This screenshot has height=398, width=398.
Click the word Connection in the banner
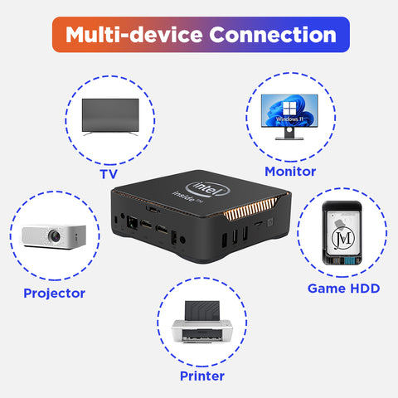(273, 35)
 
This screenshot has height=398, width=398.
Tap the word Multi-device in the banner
(134, 35)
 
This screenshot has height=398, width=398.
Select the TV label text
(109, 174)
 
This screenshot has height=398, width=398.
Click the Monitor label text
(290, 172)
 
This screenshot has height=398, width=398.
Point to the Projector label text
(55, 294)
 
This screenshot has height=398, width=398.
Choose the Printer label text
(202, 376)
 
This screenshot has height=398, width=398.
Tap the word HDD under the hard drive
(365, 289)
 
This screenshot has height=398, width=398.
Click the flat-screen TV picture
(110, 117)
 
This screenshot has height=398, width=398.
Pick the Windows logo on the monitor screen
(289, 108)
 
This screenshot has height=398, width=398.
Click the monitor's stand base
(289, 138)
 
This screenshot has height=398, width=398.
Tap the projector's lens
(55, 236)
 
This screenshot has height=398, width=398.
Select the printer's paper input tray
(202, 311)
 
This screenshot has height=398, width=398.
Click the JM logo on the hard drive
(343, 238)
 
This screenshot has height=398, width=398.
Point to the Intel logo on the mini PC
(208, 189)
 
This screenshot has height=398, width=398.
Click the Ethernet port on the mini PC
(132, 222)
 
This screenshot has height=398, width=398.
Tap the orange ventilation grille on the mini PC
(250, 210)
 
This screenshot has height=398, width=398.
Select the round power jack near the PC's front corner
(182, 240)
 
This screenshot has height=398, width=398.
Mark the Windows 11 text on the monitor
(289, 119)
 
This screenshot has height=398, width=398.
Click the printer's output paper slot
(201, 335)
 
